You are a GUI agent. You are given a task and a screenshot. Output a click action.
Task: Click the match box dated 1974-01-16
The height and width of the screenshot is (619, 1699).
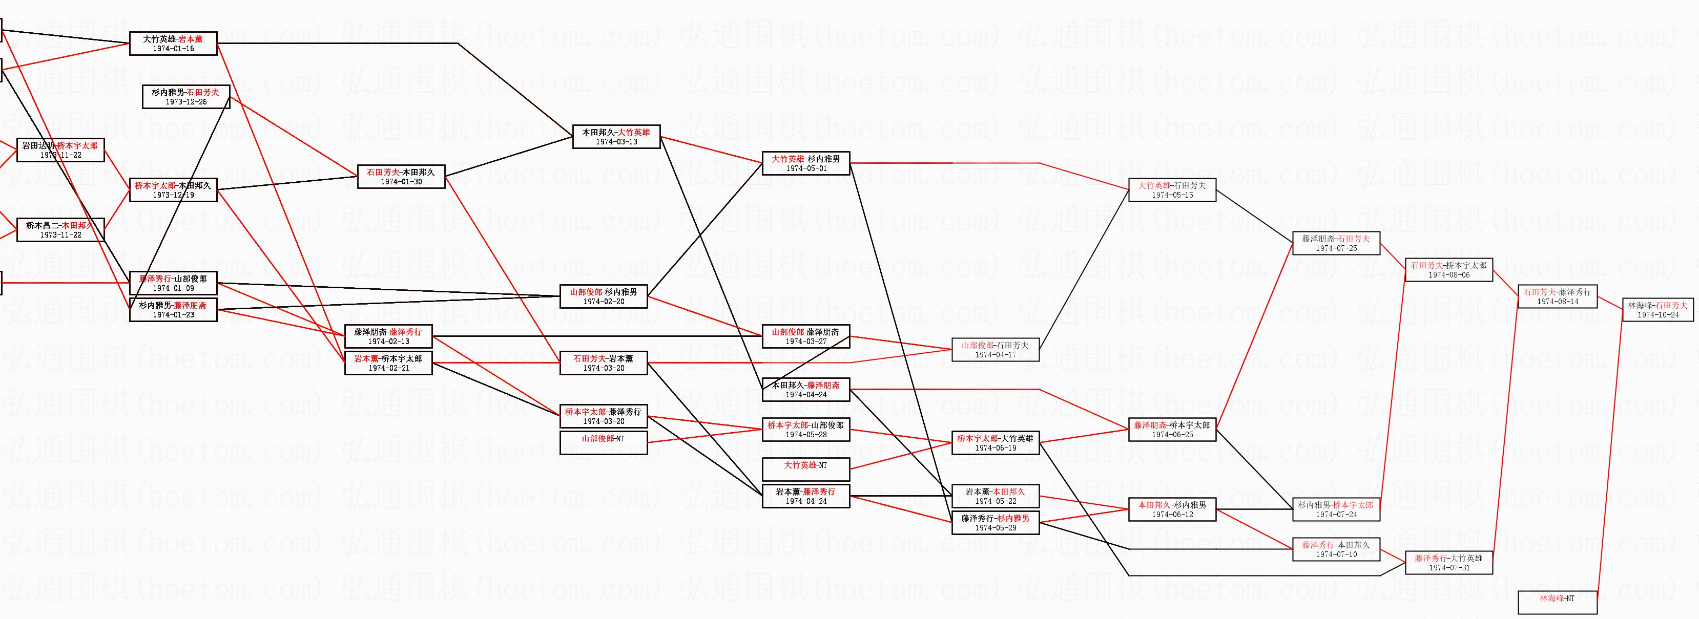pyautogui.click(x=173, y=44)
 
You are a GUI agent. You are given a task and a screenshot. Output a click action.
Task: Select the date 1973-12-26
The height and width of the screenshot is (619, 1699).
pyautogui.click(x=186, y=102)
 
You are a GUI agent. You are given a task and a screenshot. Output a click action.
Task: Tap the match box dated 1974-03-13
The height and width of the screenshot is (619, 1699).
pyautogui.click(x=616, y=137)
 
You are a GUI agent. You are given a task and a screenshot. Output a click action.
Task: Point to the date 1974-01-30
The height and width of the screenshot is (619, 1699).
pyautogui.click(x=401, y=182)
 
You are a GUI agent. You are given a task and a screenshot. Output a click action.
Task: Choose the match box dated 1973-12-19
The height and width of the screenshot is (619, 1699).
pyautogui.click(x=173, y=190)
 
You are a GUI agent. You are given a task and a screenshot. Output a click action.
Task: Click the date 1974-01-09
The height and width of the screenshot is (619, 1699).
pyautogui.click(x=173, y=288)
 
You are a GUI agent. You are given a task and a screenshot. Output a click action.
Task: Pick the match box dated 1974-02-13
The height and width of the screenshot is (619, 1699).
pyautogui.click(x=388, y=336)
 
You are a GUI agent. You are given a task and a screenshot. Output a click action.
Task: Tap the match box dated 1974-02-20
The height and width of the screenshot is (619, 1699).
pyautogui.click(x=603, y=296)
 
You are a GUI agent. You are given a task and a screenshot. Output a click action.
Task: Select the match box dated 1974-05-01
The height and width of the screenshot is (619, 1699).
pyautogui.click(x=805, y=163)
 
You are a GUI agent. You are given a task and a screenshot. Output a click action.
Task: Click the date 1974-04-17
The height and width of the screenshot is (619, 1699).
pyautogui.click(x=995, y=355)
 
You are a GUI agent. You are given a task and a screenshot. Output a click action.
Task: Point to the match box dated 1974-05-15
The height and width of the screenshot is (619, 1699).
pyautogui.click(x=1171, y=190)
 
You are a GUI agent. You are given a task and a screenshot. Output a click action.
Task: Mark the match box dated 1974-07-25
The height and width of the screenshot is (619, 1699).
pyautogui.click(x=1336, y=243)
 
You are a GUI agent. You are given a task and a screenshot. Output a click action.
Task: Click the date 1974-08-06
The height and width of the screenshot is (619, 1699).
pyautogui.click(x=1448, y=275)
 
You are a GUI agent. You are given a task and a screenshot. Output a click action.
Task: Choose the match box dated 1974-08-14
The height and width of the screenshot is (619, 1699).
pyautogui.click(x=1557, y=296)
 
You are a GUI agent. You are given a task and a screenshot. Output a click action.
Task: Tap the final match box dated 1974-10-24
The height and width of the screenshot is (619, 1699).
pyautogui.click(x=1657, y=310)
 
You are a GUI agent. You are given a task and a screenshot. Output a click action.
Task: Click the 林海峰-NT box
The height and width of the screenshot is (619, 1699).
pyautogui.click(x=1557, y=602)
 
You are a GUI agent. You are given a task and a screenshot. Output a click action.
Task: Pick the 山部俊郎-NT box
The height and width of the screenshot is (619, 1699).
pyautogui.click(x=603, y=442)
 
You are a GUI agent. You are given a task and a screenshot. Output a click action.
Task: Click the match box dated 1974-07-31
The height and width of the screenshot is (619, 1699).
pyautogui.click(x=1448, y=562)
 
